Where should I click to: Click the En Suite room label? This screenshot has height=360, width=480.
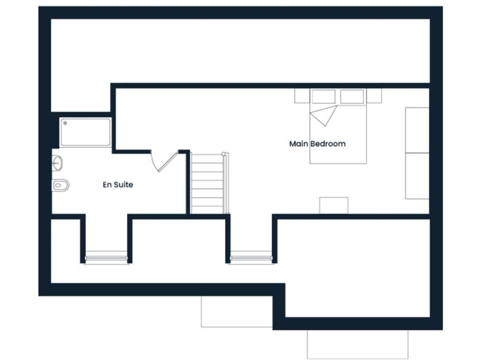117,184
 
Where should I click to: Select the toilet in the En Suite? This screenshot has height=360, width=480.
60,184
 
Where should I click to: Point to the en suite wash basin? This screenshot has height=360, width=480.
57,163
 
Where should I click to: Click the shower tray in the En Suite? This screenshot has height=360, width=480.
86,132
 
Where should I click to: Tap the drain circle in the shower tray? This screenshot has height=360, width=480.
65,124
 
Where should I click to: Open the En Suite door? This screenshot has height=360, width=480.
164,160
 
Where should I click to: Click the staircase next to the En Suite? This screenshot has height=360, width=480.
207,184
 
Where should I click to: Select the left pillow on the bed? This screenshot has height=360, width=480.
324,97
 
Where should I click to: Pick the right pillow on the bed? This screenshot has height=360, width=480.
352,97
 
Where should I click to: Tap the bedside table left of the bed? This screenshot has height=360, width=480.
302,96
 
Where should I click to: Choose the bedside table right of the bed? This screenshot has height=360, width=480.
374,96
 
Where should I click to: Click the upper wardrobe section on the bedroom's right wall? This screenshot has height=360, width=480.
417,129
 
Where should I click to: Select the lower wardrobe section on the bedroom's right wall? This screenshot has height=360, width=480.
417,176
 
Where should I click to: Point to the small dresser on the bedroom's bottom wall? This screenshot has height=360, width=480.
334,205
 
